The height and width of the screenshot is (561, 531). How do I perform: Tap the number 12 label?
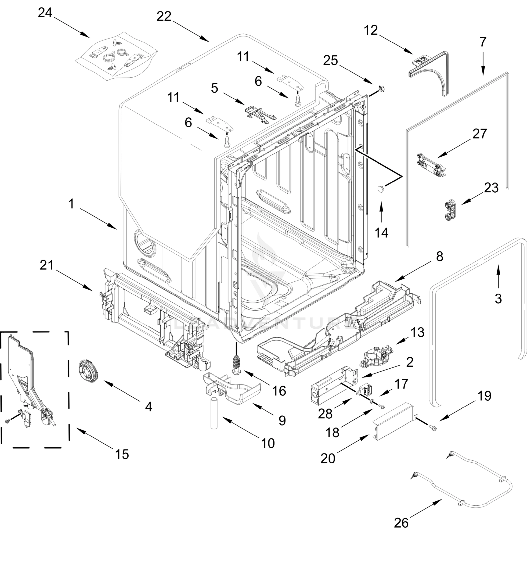371,31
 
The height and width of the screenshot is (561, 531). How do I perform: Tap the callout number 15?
122,454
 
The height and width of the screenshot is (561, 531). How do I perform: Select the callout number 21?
47,265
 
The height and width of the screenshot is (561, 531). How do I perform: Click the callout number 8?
439,257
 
